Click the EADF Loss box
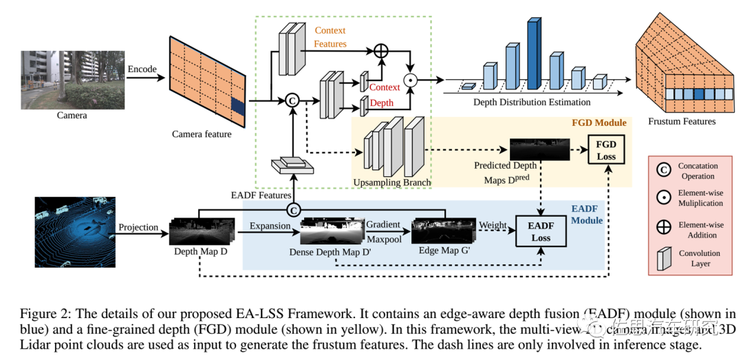tap(541, 231)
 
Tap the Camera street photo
tap(72, 80)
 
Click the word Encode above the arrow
tap(142, 70)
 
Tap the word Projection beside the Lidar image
tap(138, 228)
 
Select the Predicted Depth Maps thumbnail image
tap(530, 149)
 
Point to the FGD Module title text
tap(599, 123)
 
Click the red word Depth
tap(383, 103)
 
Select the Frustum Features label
tap(682, 122)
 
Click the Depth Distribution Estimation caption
tap(532, 103)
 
